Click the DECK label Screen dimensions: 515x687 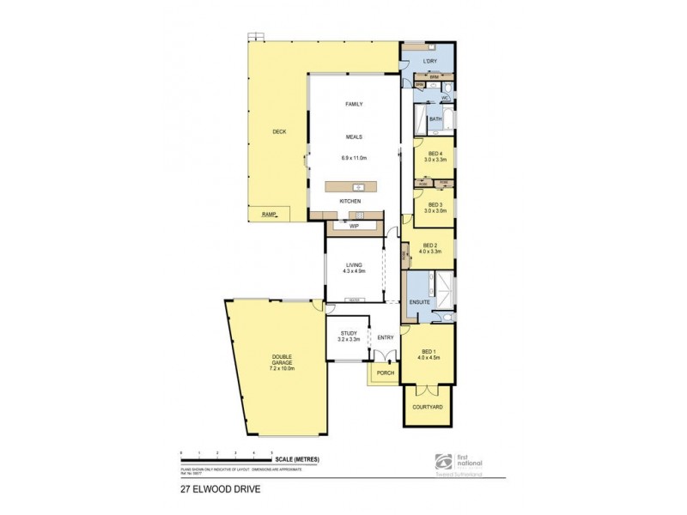pyautogui.click(x=279, y=131)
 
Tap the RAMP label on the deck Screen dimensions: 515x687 pyautogui.click(x=269, y=213)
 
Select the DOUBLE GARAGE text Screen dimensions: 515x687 pyautogui.click(x=283, y=365)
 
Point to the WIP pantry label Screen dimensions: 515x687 pyautogui.click(x=354, y=225)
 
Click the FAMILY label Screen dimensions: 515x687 pyautogui.click(x=354, y=104)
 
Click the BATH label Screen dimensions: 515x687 pyautogui.click(x=435, y=119)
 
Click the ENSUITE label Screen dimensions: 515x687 pyautogui.click(x=419, y=302)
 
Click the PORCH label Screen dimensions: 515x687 pyautogui.click(x=384, y=373)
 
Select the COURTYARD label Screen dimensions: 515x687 pyautogui.click(x=428, y=406)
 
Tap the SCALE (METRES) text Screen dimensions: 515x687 pyautogui.click(x=299, y=460)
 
